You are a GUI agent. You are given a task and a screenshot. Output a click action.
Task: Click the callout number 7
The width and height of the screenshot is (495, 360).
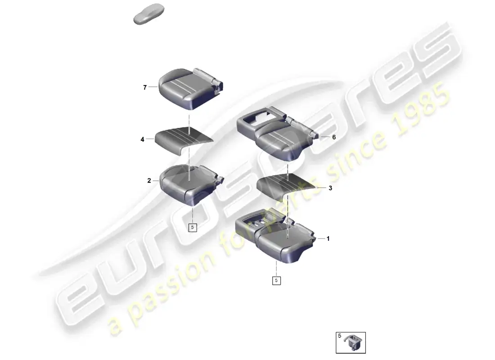(x=145, y=87)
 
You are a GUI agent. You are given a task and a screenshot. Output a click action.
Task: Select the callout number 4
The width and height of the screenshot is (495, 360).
(x=142, y=139)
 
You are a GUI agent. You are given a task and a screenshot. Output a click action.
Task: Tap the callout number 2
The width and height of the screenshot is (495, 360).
(x=149, y=180)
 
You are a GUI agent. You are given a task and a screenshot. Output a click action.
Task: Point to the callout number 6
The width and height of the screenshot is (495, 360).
(x=334, y=137)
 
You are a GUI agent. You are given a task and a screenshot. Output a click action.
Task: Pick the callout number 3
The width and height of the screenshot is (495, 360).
(x=330, y=188)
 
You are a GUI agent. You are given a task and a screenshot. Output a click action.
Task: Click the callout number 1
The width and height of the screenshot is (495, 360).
(x=328, y=238)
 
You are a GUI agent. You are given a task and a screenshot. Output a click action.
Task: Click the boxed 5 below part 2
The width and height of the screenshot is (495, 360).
(x=193, y=227)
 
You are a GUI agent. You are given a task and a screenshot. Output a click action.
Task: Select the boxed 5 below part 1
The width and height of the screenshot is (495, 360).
(x=276, y=280)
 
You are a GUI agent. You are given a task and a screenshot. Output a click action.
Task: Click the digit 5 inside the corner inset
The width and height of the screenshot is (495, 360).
(x=340, y=336)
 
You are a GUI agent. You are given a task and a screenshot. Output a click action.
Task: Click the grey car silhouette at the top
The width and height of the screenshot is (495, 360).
(x=149, y=14)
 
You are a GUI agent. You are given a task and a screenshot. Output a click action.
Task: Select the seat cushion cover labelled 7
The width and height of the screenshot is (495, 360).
(x=191, y=89)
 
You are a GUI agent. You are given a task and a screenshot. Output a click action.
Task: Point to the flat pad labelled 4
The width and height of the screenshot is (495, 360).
(x=184, y=139)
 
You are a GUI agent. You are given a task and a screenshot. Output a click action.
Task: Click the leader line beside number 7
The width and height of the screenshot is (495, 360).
(x=153, y=86)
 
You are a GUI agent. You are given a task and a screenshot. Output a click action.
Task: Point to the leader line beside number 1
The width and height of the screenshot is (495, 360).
(x=321, y=238)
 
